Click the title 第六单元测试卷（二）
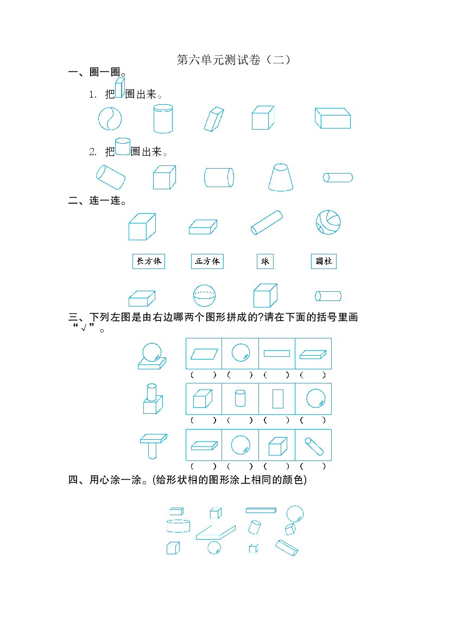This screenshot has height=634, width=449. [233, 60]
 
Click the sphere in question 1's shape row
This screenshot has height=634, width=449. [110, 118]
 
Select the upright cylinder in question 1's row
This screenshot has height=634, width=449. [163, 118]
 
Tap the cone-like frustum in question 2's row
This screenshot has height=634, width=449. [281, 177]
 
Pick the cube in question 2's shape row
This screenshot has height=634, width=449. [165, 177]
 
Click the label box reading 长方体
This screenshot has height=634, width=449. [149, 261]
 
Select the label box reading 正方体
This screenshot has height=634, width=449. [207, 261]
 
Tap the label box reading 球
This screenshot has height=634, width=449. [265, 261]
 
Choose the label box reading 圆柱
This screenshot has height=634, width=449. [324, 261]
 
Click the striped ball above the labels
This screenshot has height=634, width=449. [328, 222]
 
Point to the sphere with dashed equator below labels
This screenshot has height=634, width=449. [205, 296]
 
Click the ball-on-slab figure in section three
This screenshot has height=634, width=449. [152, 356]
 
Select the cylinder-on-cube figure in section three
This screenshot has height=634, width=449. [153, 399]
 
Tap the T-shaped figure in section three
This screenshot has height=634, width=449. [154, 446]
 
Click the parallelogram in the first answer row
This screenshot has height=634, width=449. [204, 354]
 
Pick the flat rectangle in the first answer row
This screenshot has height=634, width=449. [277, 354]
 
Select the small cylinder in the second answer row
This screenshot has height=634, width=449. [240, 398]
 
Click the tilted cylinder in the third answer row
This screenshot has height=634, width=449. [314, 446]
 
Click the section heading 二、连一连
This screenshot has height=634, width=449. [97, 201]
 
